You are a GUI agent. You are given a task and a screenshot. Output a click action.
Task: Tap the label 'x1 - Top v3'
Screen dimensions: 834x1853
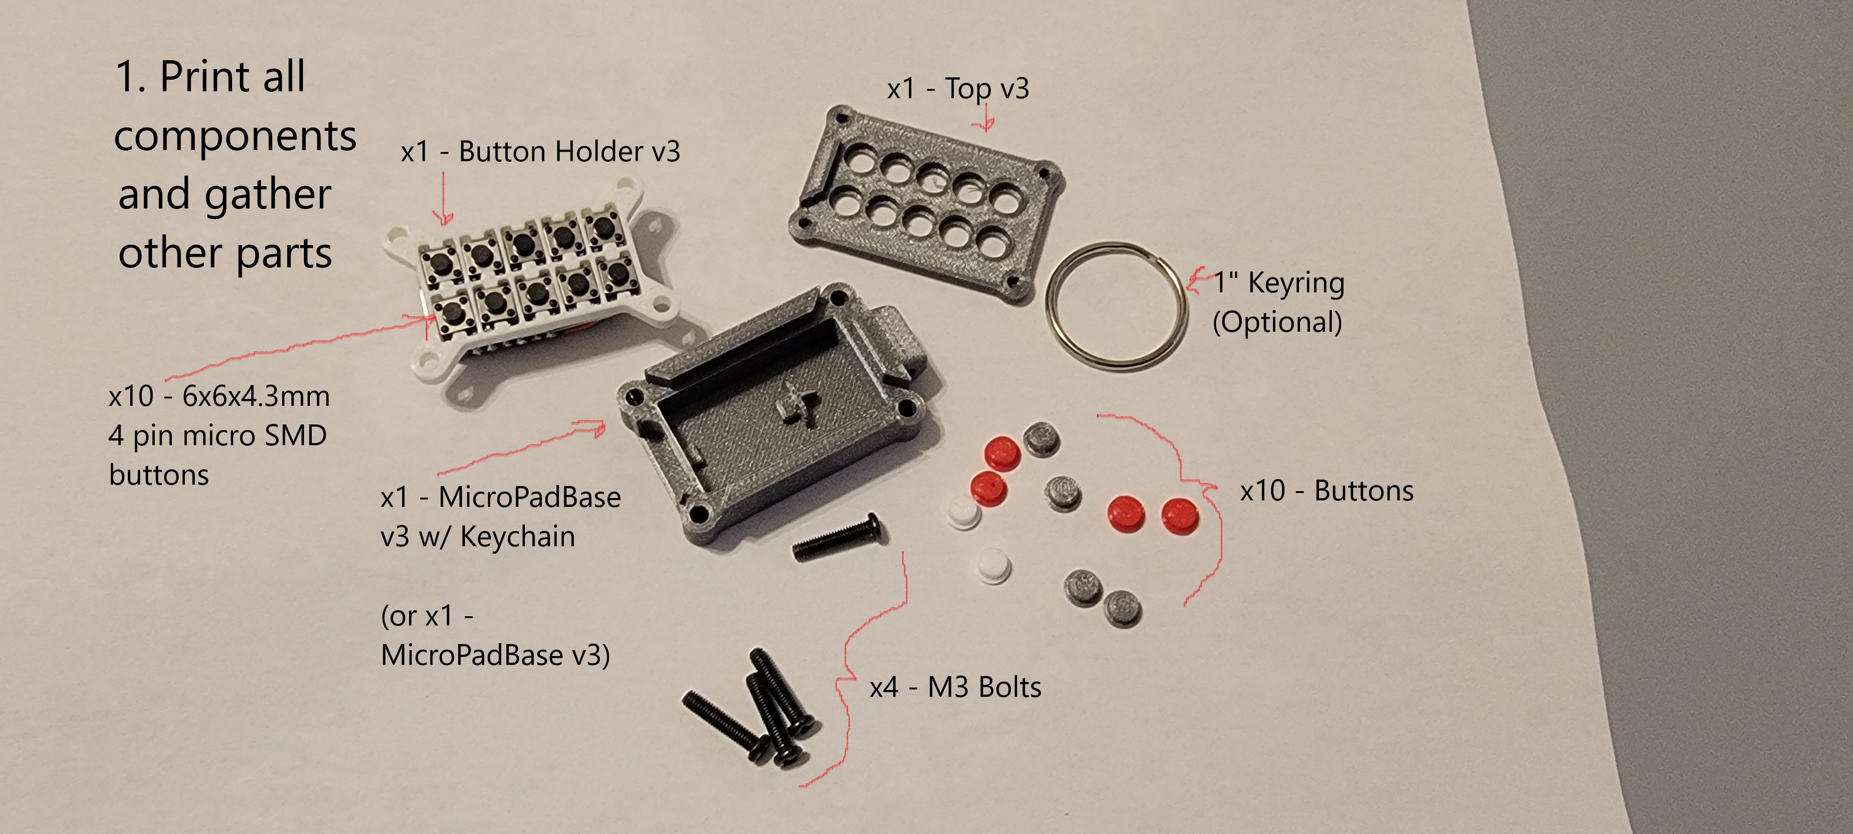coord(958,88)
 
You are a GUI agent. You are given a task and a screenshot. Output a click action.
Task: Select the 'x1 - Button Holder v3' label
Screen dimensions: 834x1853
coord(540,152)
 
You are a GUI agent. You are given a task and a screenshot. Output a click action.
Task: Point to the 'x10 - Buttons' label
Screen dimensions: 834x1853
coord(1326,491)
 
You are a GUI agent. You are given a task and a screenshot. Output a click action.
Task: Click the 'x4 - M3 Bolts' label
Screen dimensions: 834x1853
coord(955,687)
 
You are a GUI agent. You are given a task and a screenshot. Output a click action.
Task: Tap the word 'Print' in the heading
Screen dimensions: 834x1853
coord(232,76)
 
